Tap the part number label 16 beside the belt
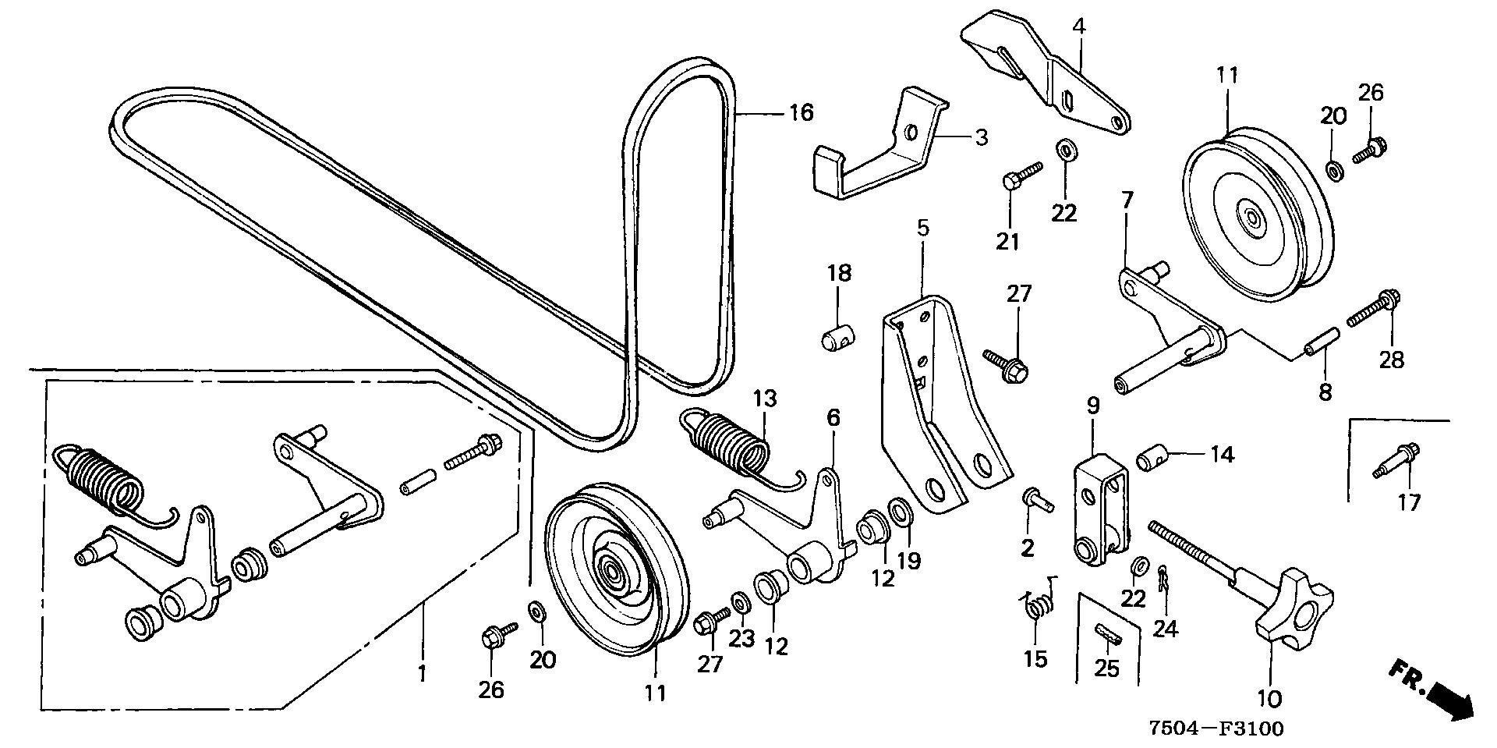tap(801, 112)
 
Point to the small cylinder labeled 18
tap(839, 339)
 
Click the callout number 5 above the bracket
tap(922, 229)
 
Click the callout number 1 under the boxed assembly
tap(422, 672)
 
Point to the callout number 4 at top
tap(1078, 26)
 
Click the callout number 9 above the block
tap(1093, 406)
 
